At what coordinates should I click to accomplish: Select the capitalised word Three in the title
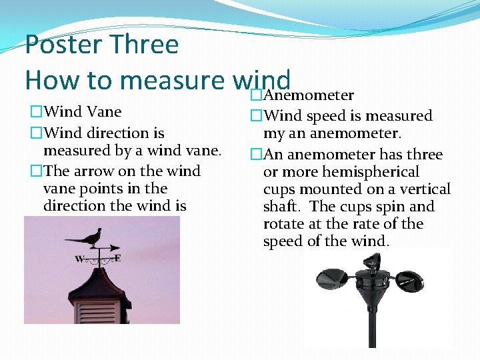click(x=146, y=45)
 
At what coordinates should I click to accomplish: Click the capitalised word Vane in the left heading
click(x=103, y=111)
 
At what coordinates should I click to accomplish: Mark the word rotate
click(x=283, y=224)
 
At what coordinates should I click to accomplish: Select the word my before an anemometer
click(x=274, y=133)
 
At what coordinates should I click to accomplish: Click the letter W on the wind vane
click(x=79, y=259)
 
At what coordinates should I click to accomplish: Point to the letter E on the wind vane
click(x=117, y=257)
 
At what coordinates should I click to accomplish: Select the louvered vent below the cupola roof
click(x=100, y=309)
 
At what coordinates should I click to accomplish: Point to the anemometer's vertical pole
click(x=371, y=327)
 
